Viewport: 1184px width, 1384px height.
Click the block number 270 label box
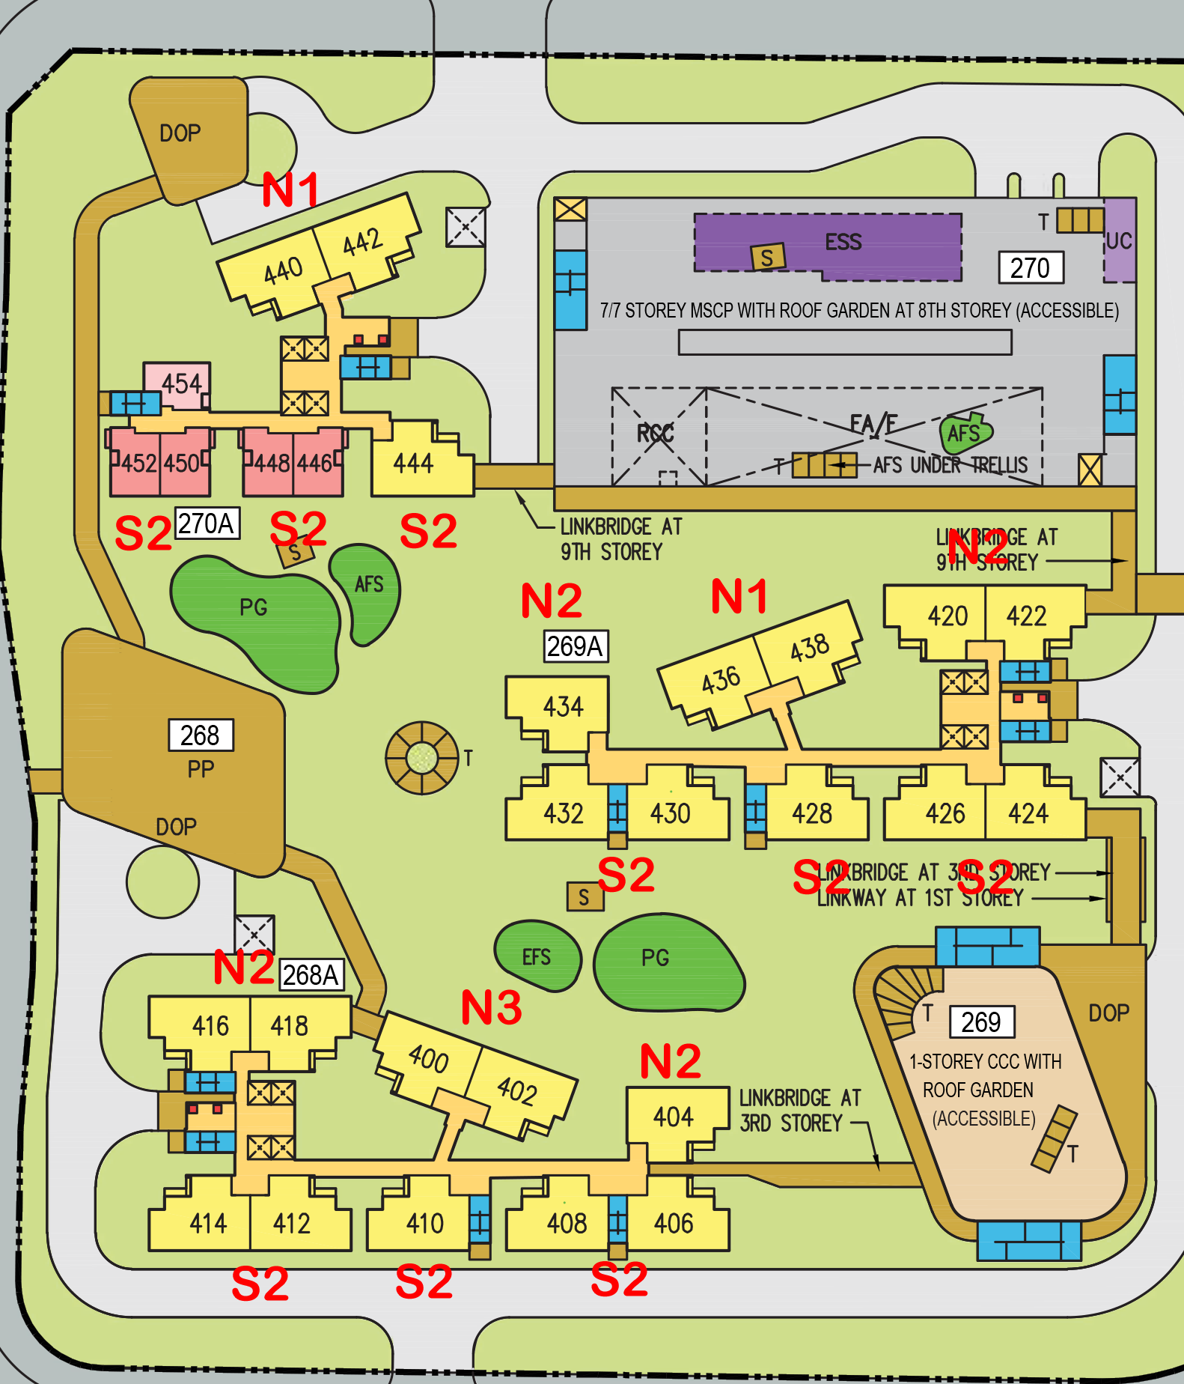(x=1031, y=267)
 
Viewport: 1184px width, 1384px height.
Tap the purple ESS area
(x=843, y=242)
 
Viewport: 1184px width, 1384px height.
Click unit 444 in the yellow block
(x=414, y=464)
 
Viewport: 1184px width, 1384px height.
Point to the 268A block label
(x=311, y=974)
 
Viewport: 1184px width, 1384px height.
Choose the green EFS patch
(x=537, y=956)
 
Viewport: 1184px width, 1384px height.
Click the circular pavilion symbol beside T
(x=422, y=757)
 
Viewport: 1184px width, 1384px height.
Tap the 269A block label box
(x=575, y=646)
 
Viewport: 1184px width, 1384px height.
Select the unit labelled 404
(x=674, y=1117)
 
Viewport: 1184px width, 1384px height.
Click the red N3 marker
(x=491, y=1007)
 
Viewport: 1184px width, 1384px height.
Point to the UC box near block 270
(x=1119, y=240)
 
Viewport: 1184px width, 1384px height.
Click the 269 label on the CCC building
(x=981, y=1022)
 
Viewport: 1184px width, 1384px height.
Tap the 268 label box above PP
(x=200, y=735)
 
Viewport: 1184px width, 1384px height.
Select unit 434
(x=563, y=706)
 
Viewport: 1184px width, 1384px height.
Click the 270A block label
(x=207, y=523)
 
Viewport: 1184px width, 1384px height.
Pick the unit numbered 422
(x=1026, y=616)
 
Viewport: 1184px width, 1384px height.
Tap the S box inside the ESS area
(x=768, y=258)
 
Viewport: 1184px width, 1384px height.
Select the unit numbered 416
(x=210, y=1025)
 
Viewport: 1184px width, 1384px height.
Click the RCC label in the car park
(x=656, y=433)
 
